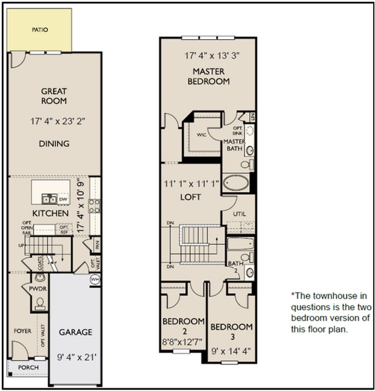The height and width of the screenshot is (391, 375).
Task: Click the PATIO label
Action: [x=39, y=30]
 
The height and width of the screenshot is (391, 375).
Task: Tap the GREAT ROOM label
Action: [x=55, y=96]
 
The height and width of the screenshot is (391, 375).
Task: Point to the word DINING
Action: [x=55, y=144]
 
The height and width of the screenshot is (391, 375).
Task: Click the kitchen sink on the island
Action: [x=49, y=198]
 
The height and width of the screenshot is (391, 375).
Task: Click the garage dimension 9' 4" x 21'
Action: [x=76, y=356]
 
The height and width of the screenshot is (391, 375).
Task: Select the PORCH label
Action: [x=28, y=368]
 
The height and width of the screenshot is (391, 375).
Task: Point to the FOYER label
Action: [x=23, y=330]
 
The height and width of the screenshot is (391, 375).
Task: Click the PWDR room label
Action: [x=36, y=288]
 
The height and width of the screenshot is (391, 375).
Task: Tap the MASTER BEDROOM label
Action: [x=211, y=76]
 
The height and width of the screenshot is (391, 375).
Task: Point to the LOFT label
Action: [x=191, y=197]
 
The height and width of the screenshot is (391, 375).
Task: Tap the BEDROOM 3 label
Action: [x=231, y=332]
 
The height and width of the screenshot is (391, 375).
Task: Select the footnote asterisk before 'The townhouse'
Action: [x=292, y=295]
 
